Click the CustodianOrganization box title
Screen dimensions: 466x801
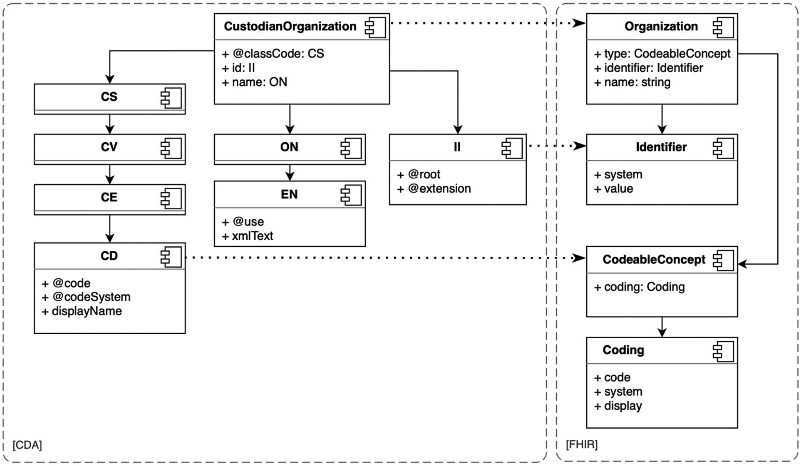pyautogui.click(x=290, y=27)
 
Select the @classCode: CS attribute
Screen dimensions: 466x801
pyautogui.click(x=273, y=54)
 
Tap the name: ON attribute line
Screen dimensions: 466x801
pyautogui.click(x=255, y=82)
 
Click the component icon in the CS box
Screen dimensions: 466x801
pyautogui.click(x=171, y=98)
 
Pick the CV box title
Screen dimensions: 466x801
pyautogui.click(x=109, y=147)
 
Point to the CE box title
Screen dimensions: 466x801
pyautogui.click(x=109, y=197)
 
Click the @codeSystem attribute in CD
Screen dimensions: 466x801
pyautogui.click(x=87, y=297)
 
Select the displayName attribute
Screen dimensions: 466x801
pyautogui.click(x=82, y=311)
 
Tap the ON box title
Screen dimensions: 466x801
pyautogui.click(x=289, y=147)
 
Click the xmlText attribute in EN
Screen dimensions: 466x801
pyautogui.click(x=248, y=236)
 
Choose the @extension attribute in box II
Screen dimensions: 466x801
pyautogui.click(x=434, y=189)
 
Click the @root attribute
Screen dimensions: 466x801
pyautogui.click(x=419, y=174)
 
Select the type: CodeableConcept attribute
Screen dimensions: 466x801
pyautogui.click(x=662, y=54)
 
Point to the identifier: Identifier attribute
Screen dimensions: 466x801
pyautogui.click(x=649, y=68)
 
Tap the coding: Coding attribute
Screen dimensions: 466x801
pyautogui.click(x=640, y=287)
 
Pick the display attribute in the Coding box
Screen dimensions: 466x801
pyautogui.click(x=618, y=406)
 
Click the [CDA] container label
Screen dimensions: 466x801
pyautogui.click(x=27, y=445)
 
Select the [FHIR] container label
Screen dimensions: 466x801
pyautogui.click(x=581, y=445)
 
